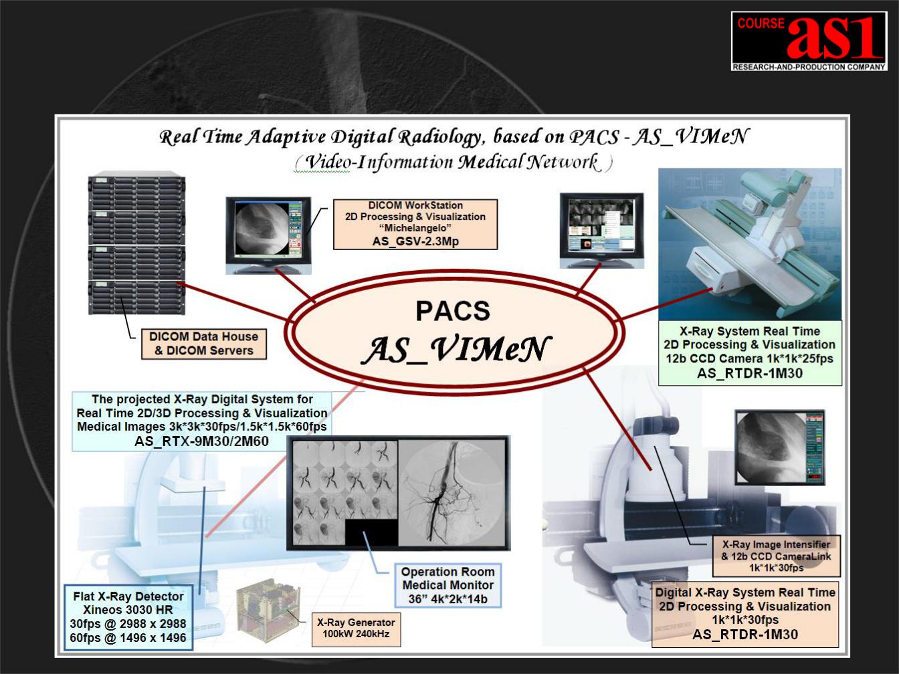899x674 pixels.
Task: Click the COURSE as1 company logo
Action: [x=809, y=41]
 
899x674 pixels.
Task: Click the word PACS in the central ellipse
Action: [x=453, y=311]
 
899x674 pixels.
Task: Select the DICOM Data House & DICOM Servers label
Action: [x=204, y=344]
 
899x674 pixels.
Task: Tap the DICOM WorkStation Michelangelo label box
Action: [x=415, y=224]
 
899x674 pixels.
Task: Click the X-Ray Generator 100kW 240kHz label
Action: [x=356, y=629]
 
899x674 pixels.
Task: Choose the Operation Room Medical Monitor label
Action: [x=447, y=585]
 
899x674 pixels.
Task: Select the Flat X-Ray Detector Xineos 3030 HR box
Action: [x=128, y=617]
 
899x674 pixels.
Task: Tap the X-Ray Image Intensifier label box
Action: [x=776, y=556]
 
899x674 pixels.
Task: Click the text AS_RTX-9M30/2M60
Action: [x=201, y=441]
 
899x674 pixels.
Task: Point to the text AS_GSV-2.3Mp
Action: [x=415, y=241]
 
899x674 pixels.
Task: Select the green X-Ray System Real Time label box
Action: [x=750, y=353]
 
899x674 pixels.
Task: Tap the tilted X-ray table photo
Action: [x=750, y=244]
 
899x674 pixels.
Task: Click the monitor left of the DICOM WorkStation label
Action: [x=269, y=235]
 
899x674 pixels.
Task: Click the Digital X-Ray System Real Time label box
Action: [x=745, y=614]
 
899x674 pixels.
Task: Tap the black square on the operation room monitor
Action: [x=371, y=532]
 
